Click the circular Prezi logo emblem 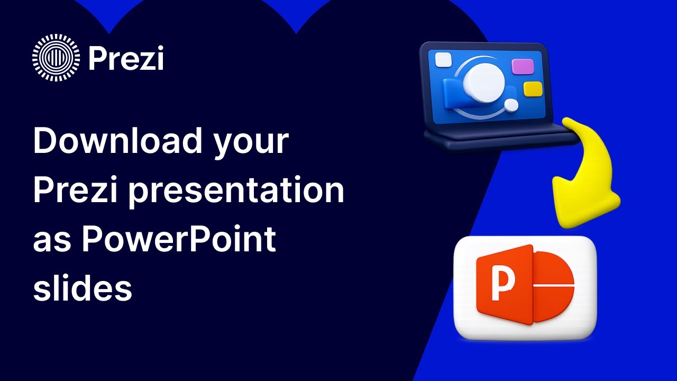point(56,57)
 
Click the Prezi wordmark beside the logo point(126,58)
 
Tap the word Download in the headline point(117,142)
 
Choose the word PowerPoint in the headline point(179,240)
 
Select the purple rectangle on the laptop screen point(523,66)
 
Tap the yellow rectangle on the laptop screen point(533,88)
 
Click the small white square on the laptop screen point(443,60)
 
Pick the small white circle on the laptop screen point(511,105)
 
